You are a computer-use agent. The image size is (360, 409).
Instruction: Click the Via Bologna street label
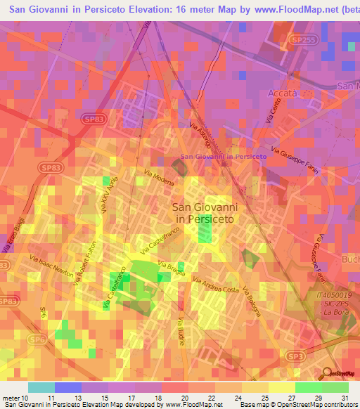click(250, 300)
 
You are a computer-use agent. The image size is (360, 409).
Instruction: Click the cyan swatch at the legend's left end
click(41, 387)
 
